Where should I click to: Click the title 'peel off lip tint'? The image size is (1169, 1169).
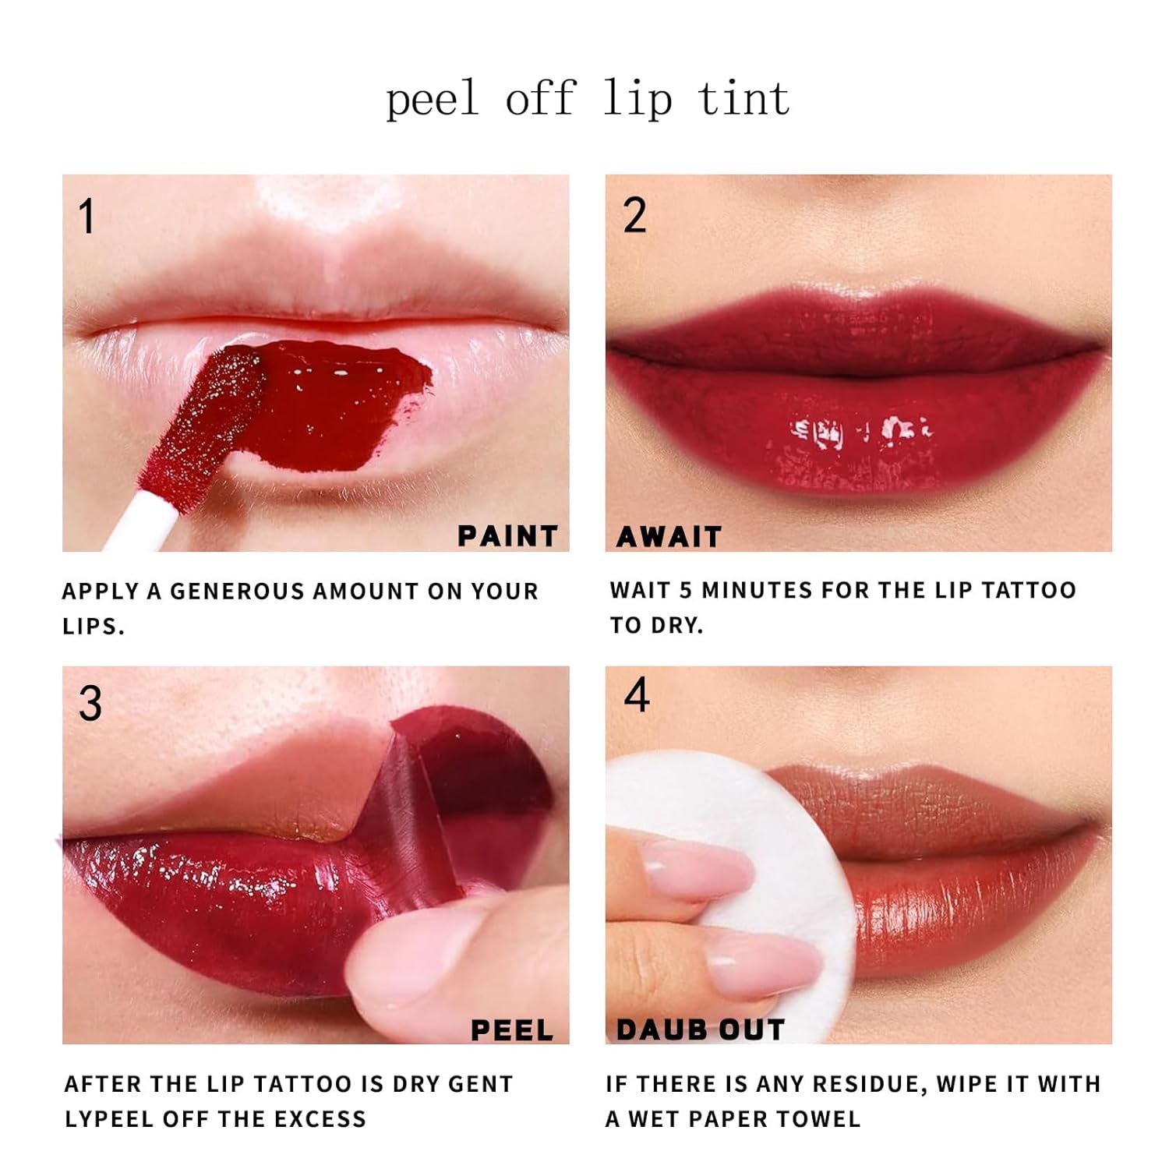click(588, 100)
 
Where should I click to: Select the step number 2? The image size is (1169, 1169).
click(634, 216)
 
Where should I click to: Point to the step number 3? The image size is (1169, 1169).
click(90, 704)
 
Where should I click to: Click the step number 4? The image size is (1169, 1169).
click(637, 695)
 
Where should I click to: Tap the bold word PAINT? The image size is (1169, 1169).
click(507, 536)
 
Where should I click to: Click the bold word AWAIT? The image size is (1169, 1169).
click(669, 537)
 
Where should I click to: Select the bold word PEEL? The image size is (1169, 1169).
click(512, 1030)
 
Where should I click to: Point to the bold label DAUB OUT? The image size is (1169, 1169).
click(700, 1030)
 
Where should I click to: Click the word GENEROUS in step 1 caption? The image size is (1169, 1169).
click(237, 592)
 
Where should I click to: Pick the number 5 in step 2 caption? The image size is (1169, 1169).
click(686, 591)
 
